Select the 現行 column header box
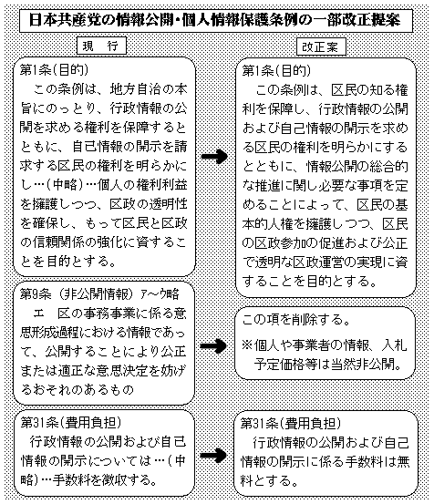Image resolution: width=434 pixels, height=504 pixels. (101, 46)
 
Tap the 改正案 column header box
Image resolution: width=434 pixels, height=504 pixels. (321, 46)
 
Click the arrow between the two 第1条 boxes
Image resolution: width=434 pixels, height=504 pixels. (214, 157)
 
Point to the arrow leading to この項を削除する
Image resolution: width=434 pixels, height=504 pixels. (213, 345)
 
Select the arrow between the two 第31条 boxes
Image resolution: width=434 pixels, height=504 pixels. (213, 455)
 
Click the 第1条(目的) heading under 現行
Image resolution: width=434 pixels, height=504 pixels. (54, 70)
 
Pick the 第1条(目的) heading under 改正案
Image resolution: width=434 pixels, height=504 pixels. (276, 71)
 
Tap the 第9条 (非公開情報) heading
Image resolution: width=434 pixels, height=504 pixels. (77, 293)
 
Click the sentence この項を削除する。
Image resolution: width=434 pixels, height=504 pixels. (296, 320)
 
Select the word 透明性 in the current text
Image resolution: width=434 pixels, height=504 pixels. (168, 204)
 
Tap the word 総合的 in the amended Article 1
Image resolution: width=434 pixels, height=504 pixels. (388, 167)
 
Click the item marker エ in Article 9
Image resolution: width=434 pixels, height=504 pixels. (39, 314)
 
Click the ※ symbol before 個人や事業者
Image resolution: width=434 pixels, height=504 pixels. (247, 345)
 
